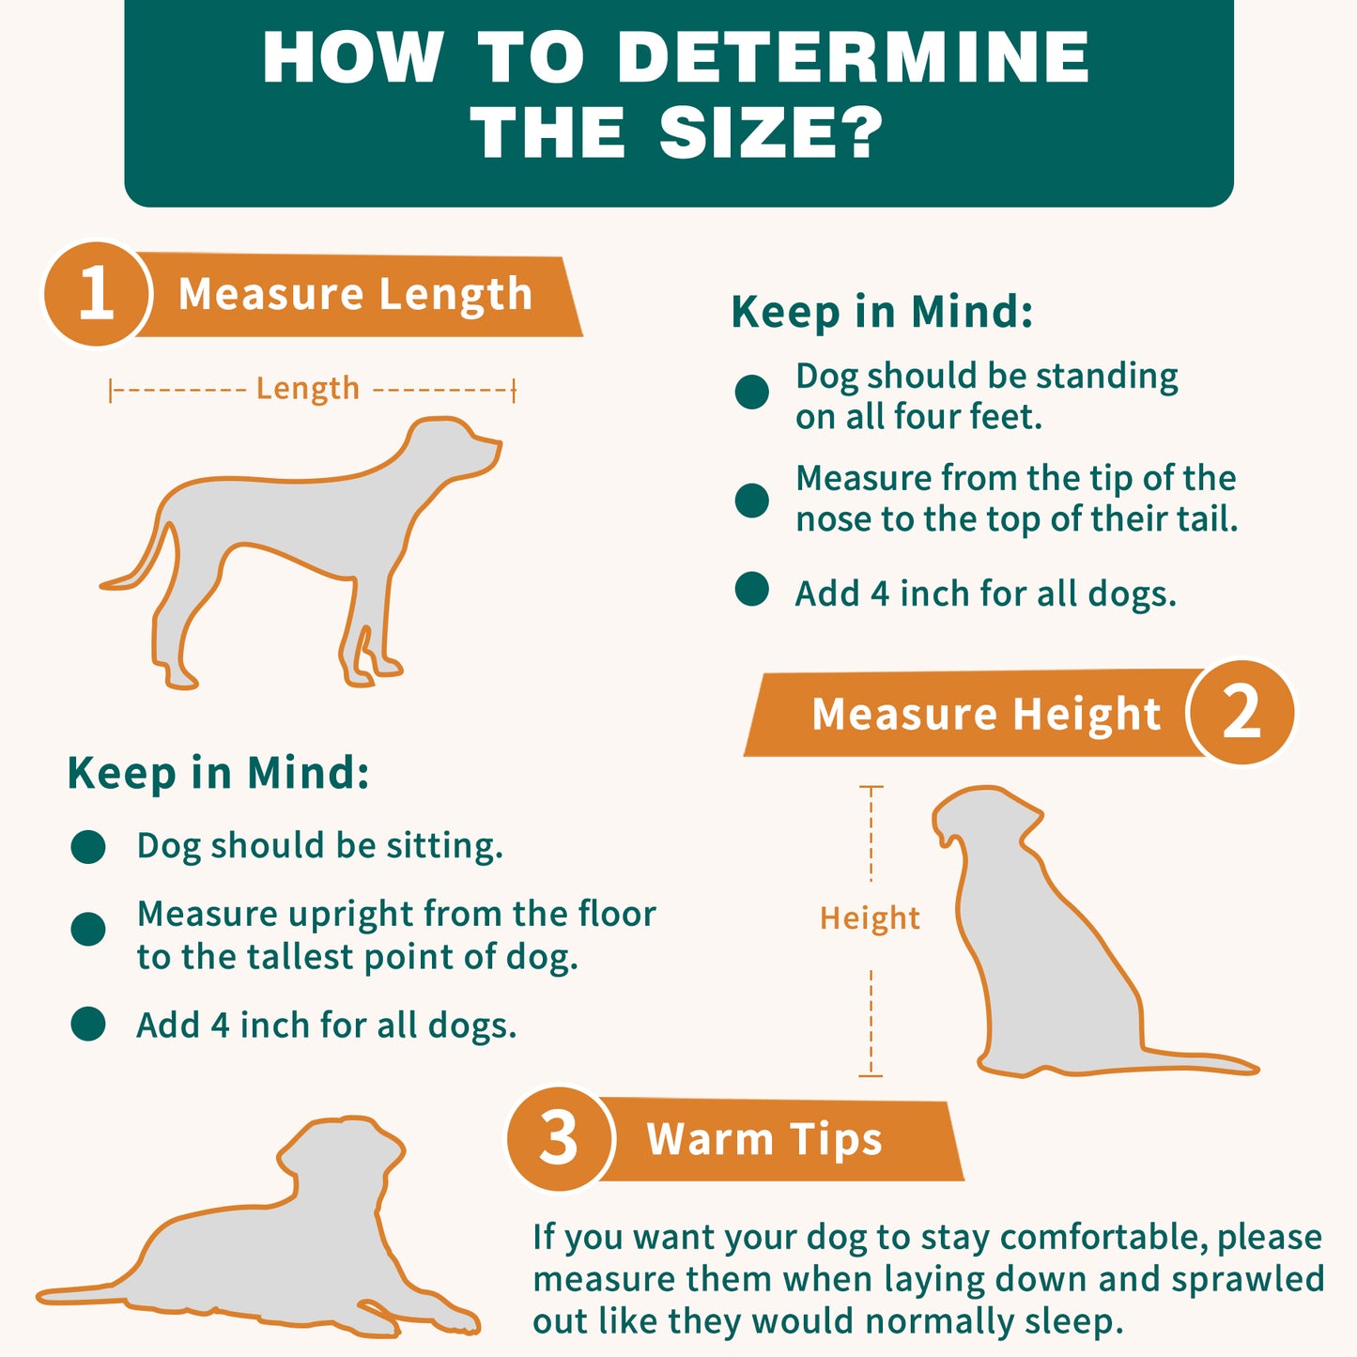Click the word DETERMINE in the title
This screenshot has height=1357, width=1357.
point(854,57)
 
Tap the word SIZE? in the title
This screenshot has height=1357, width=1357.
point(771,132)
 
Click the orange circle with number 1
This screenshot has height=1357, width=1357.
point(97,294)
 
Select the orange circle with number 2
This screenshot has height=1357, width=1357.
point(1241,712)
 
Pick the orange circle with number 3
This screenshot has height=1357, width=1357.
point(560,1139)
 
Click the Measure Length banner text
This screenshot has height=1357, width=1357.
point(355,294)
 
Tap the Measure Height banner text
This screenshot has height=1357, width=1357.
point(986,714)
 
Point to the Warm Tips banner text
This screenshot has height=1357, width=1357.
point(764,1139)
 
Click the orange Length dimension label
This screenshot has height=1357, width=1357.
point(308,389)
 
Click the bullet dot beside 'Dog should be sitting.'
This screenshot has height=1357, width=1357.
point(88,846)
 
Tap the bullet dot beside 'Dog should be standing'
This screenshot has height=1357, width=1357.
point(752,392)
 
